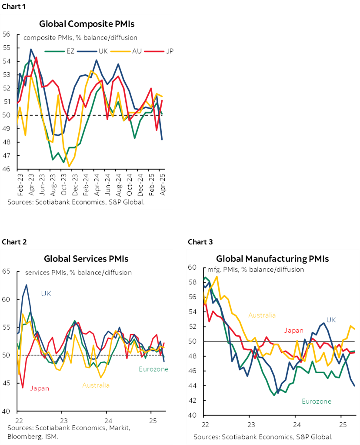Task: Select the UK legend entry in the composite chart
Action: click(x=103, y=51)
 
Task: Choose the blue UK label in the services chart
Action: click(x=46, y=294)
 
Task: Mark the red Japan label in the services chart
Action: click(x=40, y=388)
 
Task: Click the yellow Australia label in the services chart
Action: click(x=96, y=385)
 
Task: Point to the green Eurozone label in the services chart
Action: click(x=153, y=369)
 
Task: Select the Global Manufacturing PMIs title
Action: click(x=272, y=259)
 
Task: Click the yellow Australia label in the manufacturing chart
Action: click(x=262, y=315)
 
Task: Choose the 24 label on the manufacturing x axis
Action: click(x=295, y=424)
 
